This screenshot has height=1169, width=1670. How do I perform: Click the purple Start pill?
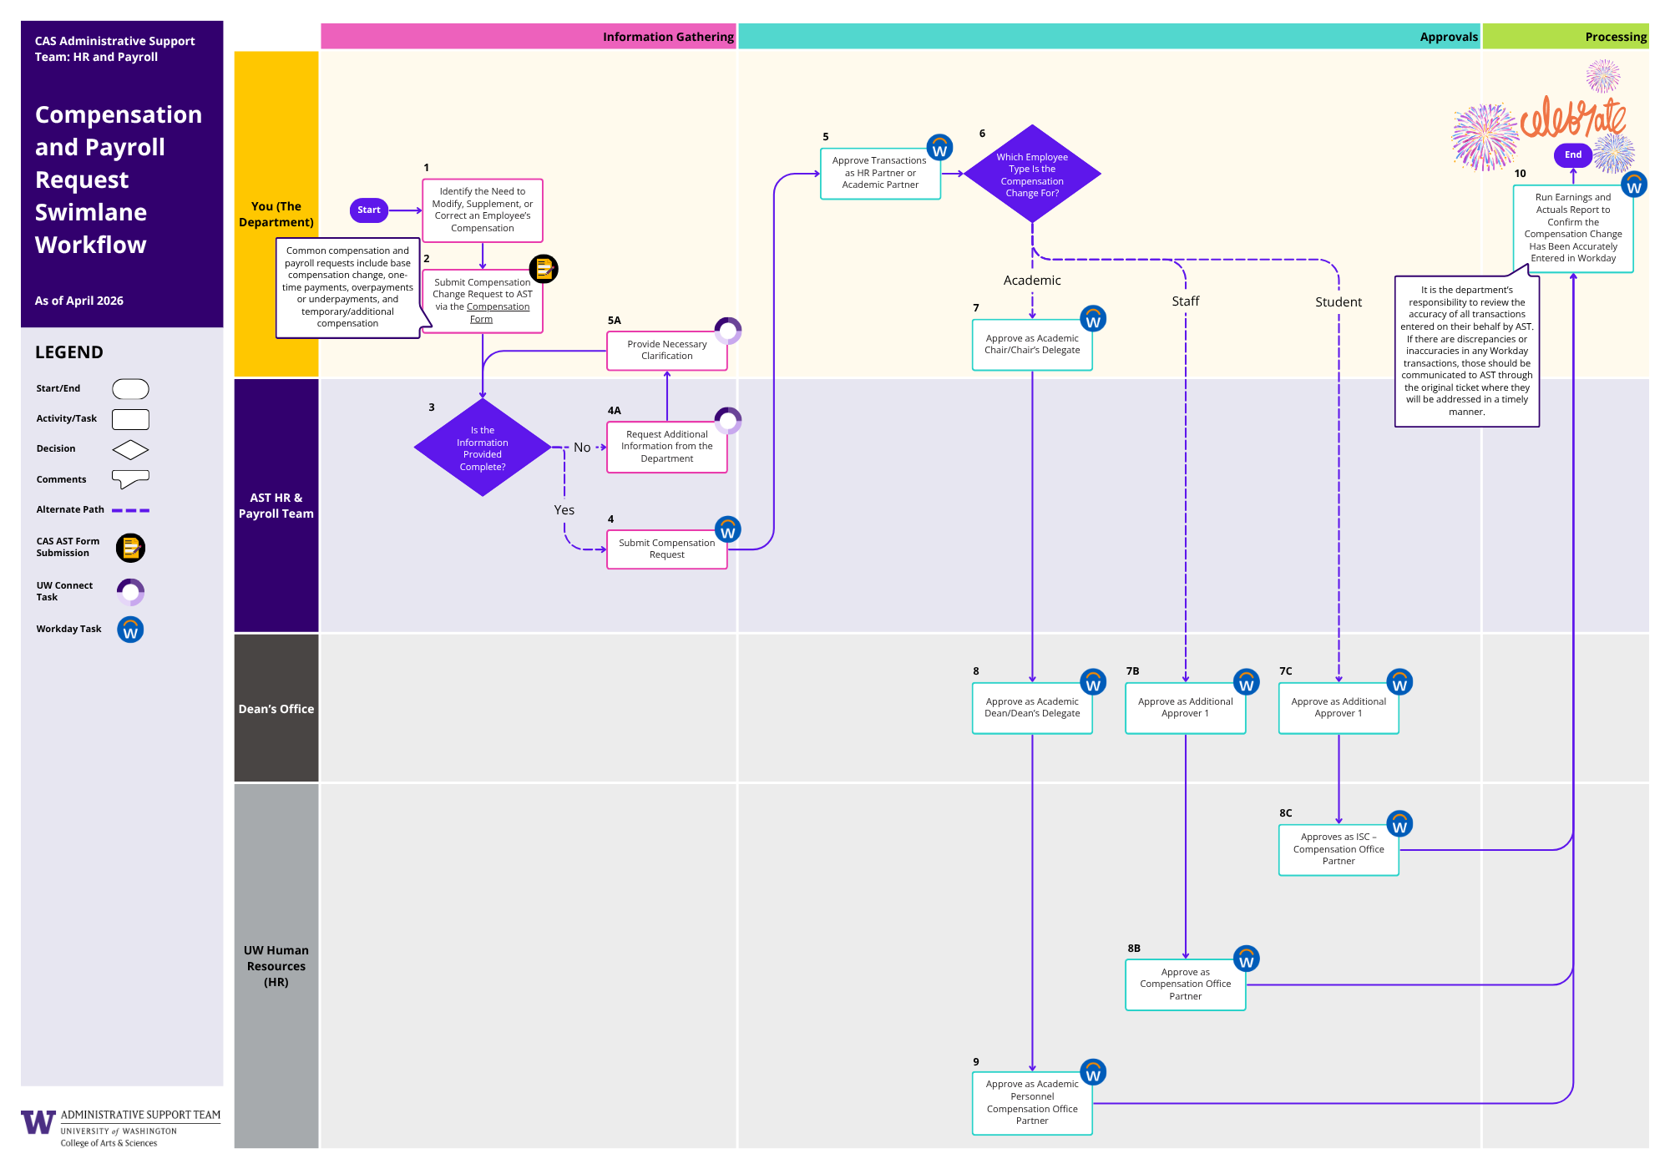tap(368, 210)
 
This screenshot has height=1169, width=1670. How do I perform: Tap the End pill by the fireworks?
tap(1572, 154)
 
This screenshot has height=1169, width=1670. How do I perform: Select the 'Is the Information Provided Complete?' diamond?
tap(482, 448)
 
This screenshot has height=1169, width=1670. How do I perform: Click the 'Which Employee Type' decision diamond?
tap(1032, 174)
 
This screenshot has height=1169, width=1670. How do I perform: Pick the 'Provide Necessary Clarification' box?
tap(666, 350)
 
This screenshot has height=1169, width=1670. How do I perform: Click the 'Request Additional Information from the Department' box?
tap(666, 447)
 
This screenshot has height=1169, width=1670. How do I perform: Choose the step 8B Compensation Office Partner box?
tap(1185, 984)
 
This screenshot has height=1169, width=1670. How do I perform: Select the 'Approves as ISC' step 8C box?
tap(1338, 849)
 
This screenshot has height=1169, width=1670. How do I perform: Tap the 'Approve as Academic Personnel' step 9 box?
tap(1032, 1102)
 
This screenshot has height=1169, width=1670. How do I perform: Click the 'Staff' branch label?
tap(1185, 301)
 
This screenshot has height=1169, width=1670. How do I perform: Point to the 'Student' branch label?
tap(1338, 302)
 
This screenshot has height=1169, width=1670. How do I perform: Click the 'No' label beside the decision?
tap(582, 448)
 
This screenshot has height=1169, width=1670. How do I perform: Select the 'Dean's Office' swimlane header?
tap(276, 708)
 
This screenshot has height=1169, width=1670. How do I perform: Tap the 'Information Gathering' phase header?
tap(667, 37)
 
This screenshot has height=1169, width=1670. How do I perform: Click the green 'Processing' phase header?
tap(1615, 37)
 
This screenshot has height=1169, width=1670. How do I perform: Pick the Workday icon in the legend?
tap(130, 630)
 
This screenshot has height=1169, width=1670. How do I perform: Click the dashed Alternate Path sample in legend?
tap(130, 510)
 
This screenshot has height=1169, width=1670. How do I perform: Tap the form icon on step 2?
tap(544, 269)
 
